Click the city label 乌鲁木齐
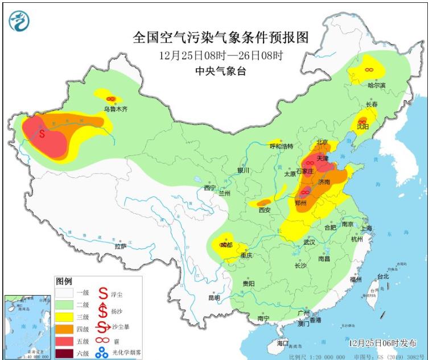coord(115,108)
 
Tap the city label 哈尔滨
coord(376,85)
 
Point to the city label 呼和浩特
coord(280,146)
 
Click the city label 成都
coord(226,245)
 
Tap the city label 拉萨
coord(120,246)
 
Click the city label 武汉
coord(310,242)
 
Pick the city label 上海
coord(364,228)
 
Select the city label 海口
coord(283,344)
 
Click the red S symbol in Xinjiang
coord(42,134)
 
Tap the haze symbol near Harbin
coord(369,69)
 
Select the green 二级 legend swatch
coord(64,305)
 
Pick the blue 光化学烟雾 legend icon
coord(102,353)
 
